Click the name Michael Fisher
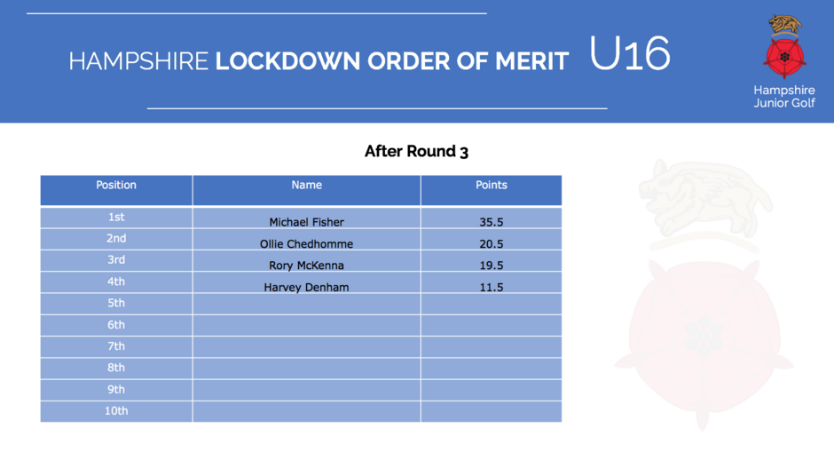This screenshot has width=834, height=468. tap(306, 222)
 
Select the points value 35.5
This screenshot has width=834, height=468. tap(491, 222)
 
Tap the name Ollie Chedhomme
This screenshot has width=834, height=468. tap(306, 244)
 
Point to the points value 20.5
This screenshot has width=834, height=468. tap(491, 244)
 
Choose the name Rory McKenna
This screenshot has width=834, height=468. tap(306, 266)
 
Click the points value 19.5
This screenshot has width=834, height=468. tap(491, 266)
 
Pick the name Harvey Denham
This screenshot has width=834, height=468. tap(306, 287)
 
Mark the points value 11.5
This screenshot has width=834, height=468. tap(491, 287)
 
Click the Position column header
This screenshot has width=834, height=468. tap(116, 185)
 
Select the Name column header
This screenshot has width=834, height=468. tap(306, 185)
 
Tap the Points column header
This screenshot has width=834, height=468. tap(491, 185)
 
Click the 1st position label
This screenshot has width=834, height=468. tap(116, 217)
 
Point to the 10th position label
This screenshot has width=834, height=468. tap(116, 410)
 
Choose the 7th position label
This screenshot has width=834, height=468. tap(116, 346)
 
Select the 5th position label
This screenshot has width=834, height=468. tap(116, 303)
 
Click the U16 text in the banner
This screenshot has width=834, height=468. tap(630, 53)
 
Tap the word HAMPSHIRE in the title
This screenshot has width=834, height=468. tap(138, 61)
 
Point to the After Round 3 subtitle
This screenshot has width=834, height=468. tap(416, 151)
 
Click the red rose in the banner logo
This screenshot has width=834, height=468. tap(784, 57)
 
